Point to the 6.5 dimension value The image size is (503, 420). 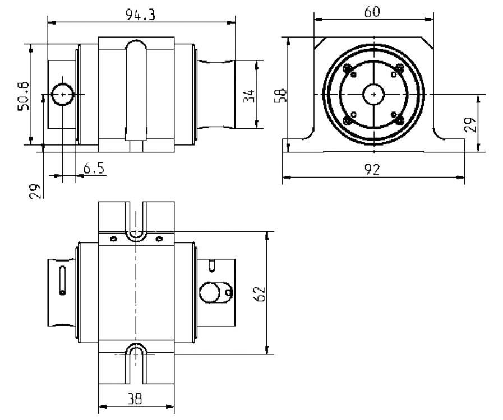click(x=94, y=168)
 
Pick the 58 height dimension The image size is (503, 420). click(x=283, y=95)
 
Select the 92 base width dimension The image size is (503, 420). click(x=372, y=169)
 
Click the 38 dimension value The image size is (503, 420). click(x=134, y=399)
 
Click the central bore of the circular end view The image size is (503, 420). click(x=373, y=94)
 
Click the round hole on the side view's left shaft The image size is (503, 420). click(x=62, y=95)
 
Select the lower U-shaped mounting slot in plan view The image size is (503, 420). click(x=135, y=352)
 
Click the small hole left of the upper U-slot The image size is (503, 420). click(x=113, y=239)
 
